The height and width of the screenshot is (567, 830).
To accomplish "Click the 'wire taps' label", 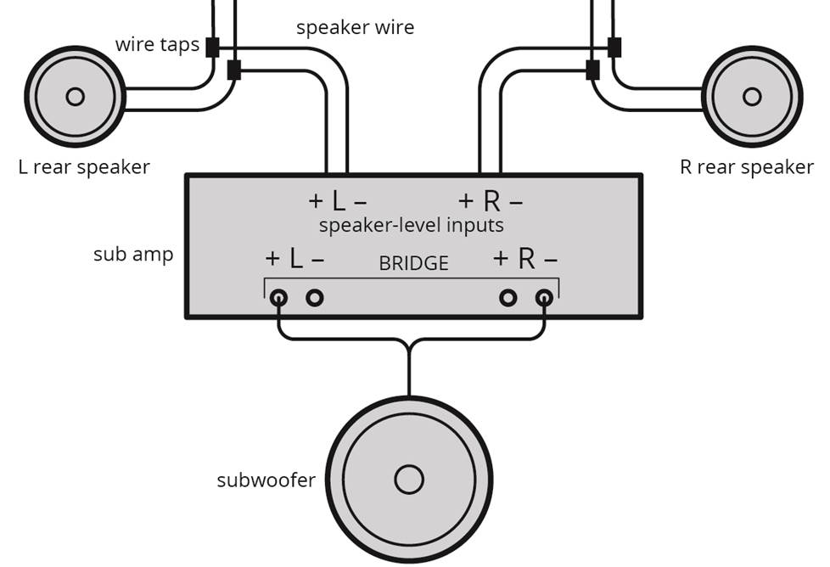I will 157,45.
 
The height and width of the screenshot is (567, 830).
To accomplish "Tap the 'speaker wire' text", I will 355,27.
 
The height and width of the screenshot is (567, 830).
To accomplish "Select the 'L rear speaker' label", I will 84,167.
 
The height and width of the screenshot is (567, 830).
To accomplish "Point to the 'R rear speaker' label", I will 746,167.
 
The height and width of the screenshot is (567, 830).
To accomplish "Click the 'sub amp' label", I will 133,254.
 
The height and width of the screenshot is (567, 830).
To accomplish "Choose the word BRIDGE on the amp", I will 413,264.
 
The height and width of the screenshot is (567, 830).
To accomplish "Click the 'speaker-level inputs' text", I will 411,226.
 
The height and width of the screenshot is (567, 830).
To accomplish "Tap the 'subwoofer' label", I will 266,480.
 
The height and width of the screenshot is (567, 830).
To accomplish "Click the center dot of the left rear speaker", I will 75,97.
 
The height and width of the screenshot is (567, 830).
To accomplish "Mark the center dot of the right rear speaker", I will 752,97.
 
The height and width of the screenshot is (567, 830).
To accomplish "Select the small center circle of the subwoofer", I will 409,480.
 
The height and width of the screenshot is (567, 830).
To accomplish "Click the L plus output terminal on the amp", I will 278,298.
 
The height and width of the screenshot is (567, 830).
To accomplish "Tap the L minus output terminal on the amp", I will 314,298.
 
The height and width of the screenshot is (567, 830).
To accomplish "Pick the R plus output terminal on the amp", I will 508,298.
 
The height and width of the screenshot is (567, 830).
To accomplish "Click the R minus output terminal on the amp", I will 544,298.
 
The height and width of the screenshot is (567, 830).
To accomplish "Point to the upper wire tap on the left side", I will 212,48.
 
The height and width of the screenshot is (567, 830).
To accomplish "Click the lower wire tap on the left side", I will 234,70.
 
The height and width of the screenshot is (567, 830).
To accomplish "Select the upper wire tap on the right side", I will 614,48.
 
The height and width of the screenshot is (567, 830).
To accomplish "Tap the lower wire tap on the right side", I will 592,70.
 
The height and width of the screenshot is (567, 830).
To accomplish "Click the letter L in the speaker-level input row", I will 338,202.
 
